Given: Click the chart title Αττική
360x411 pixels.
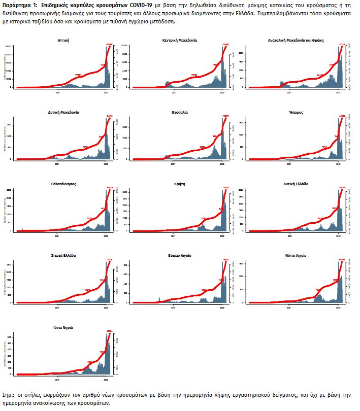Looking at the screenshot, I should click(63, 40).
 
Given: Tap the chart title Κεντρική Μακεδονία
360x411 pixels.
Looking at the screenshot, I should click(180, 40).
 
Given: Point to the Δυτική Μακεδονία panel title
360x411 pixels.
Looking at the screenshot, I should click(63, 112).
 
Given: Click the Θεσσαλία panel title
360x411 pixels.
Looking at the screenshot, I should click(180, 112).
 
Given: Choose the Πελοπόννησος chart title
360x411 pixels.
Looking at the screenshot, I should click(63, 184).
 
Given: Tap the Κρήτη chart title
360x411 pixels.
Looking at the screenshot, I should click(180, 184).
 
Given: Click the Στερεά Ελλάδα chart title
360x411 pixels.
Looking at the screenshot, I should click(63, 255).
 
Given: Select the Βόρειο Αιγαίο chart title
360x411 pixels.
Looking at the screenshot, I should click(180, 255).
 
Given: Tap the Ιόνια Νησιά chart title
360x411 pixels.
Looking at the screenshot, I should click(63, 327).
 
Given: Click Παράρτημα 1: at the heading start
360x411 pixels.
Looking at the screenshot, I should click(20, 4).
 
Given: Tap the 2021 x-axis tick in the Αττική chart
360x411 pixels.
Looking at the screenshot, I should click(57, 92).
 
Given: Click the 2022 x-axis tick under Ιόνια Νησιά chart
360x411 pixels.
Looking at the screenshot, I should click(105, 380).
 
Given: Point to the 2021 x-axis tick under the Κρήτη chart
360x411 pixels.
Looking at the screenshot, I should click(174, 236).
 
